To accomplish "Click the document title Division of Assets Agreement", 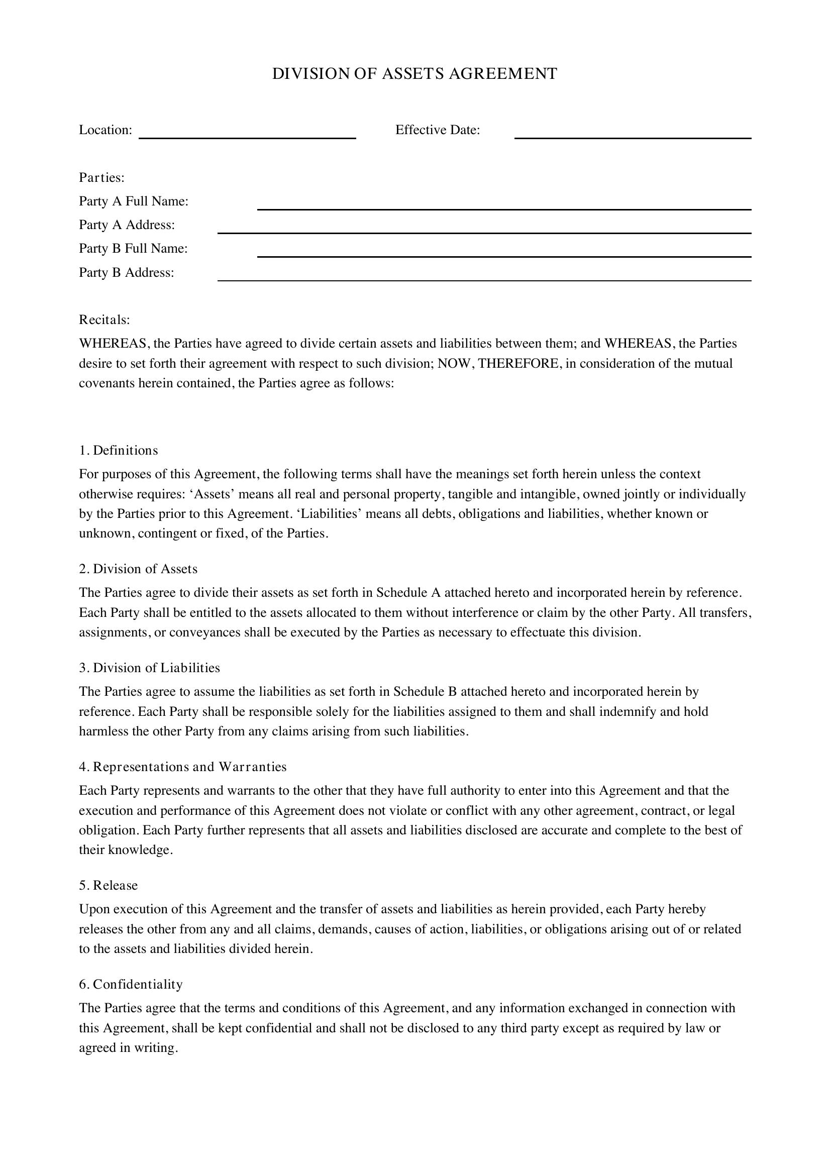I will tap(414, 74).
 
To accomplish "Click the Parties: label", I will tap(102, 177).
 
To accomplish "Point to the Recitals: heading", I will tap(105, 320).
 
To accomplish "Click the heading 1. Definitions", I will tap(118, 450).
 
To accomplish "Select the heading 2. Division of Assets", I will tap(138, 569).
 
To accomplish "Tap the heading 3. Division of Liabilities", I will tap(149, 668).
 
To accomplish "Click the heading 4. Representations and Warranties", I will tap(183, 767).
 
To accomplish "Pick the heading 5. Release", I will tap(108, 885).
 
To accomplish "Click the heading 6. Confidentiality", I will tap(131, 984).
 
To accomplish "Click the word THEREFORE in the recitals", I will tap(518, 363).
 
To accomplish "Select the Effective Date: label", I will tap(438, 130).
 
